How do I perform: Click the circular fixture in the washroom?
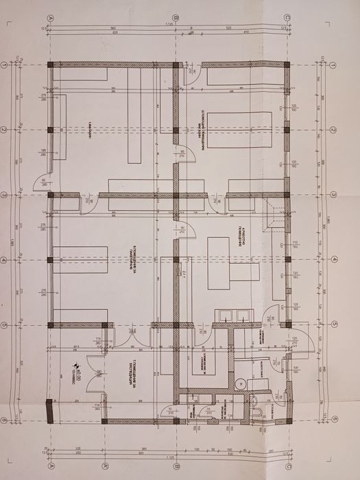click(x=240, y=385)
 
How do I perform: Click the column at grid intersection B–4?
click(x=176, y=260)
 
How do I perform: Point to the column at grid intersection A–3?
click(x=51, y=195)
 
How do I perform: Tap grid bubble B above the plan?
click(x=176, y=19)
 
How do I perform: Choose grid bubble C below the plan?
click(x=288, y=464)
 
